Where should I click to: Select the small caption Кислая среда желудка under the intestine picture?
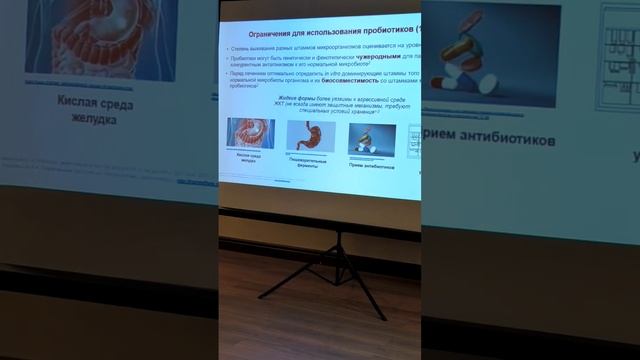pyautogui.click(x=250, y=160)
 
